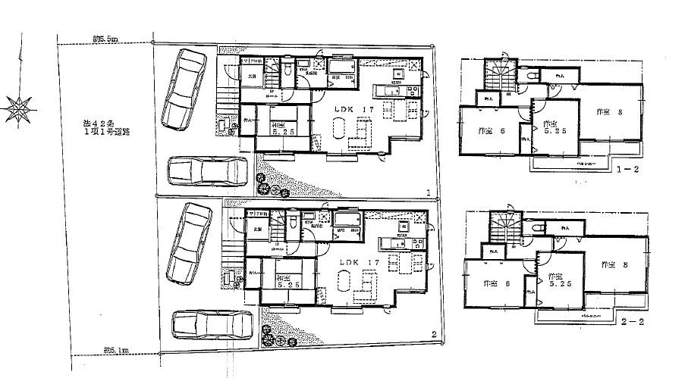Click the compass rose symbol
[x=17, y=108]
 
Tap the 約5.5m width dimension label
[x=105, y=38]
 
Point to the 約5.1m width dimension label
[x=116, y=350]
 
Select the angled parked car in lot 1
[x=183, y=87]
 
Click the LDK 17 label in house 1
[x=356, y=111]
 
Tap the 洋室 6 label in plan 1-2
[x=492, y=132]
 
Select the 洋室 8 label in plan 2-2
[x=614, y=265]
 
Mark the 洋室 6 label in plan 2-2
[x=495, y=284]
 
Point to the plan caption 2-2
[x=631, y=322]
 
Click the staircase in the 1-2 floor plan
[x=501, y=74]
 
